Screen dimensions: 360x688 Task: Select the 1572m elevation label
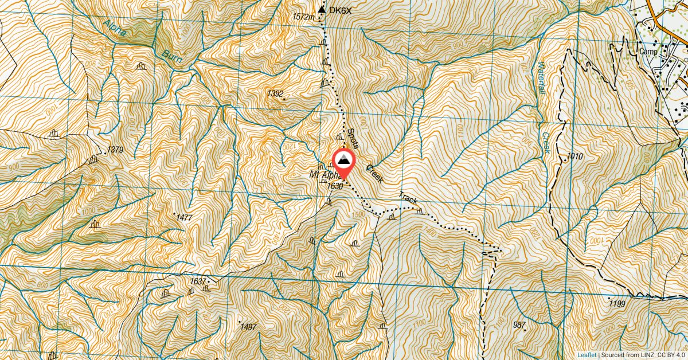[304, 17]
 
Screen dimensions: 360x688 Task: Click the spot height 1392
[275, 93]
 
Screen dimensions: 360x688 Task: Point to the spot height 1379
[115, 150]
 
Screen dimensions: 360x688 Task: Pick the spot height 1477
[183, 218]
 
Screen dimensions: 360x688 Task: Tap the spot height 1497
[248, 327]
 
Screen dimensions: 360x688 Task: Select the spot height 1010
[574, 156]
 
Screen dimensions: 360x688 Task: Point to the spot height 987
[519, 325]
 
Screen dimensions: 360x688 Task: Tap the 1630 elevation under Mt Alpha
[335, 186]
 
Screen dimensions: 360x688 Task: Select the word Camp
[647, 50]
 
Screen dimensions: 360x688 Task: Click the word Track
[408, 198]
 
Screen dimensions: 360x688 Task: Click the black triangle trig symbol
[322, 9]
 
